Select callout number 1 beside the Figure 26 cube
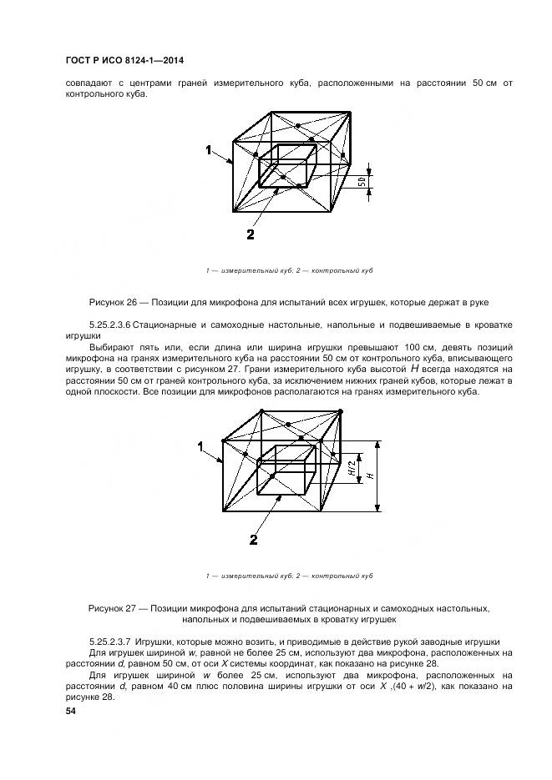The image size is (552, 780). point(207,149)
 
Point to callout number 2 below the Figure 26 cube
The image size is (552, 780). point(251,234)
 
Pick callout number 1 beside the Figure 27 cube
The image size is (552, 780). point(200,447)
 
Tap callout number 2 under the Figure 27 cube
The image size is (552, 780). point(254,540)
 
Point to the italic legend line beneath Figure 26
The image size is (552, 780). point(288,271)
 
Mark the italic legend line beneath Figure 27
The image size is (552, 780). point(288,576)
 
